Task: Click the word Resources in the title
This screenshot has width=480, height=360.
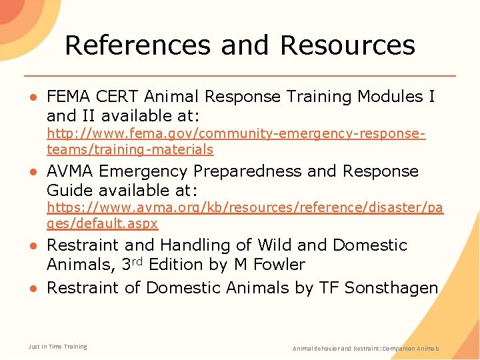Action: coord(347,45)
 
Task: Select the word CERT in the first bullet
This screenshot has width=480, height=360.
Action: coord(121,97)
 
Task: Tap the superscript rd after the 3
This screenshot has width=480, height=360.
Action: coord(138,261)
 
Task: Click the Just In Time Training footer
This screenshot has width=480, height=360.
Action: coord(57,347)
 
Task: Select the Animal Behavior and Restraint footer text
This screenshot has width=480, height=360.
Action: coord(366,349)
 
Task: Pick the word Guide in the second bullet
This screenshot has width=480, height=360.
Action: coord(70,190)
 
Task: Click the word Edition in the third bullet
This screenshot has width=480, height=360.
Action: coord(177,265)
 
